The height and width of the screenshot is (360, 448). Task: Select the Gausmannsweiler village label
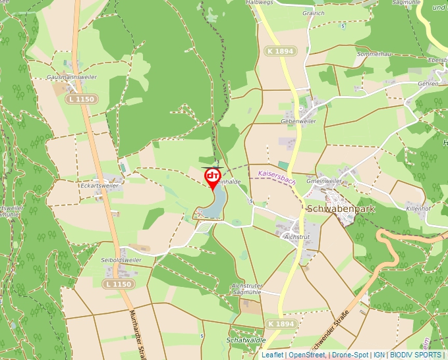point(72,77)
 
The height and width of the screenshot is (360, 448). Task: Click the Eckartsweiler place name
point(99,186)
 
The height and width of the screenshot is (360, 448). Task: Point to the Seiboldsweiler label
point(121,260)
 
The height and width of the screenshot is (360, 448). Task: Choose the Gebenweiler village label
point(298,121)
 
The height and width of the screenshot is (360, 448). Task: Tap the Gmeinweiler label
point(324,180)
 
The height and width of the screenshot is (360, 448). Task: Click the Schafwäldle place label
point(245,340)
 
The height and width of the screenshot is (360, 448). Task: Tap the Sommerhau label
point(374,53)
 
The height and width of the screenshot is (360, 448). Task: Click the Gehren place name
point(428,84)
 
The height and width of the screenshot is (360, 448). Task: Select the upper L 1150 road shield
point(82,99)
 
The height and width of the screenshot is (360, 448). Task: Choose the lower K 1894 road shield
point(281,324)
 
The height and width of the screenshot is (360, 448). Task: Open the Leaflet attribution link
point(272,355)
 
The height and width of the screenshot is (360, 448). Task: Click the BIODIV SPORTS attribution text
point(415,355)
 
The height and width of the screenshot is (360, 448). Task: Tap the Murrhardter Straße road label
point(136,332)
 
